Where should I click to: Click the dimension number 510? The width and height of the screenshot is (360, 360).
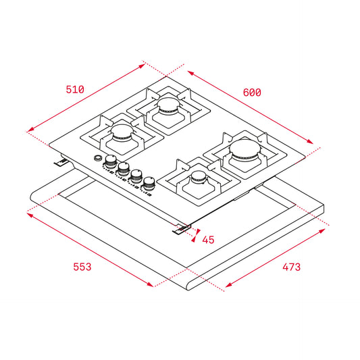74,89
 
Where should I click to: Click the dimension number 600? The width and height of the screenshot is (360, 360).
251,92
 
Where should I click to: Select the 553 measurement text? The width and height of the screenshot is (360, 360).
81,267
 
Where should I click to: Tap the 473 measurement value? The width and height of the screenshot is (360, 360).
291,267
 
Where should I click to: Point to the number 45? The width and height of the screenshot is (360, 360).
208,239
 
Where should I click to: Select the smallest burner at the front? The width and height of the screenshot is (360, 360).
199,177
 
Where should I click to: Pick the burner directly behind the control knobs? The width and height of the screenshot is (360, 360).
124,132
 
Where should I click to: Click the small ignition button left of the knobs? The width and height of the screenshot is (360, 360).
98,159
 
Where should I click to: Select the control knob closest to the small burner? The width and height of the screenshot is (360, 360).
148,180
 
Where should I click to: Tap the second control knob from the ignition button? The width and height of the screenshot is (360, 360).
124,168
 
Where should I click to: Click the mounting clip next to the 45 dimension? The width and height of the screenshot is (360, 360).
181,230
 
